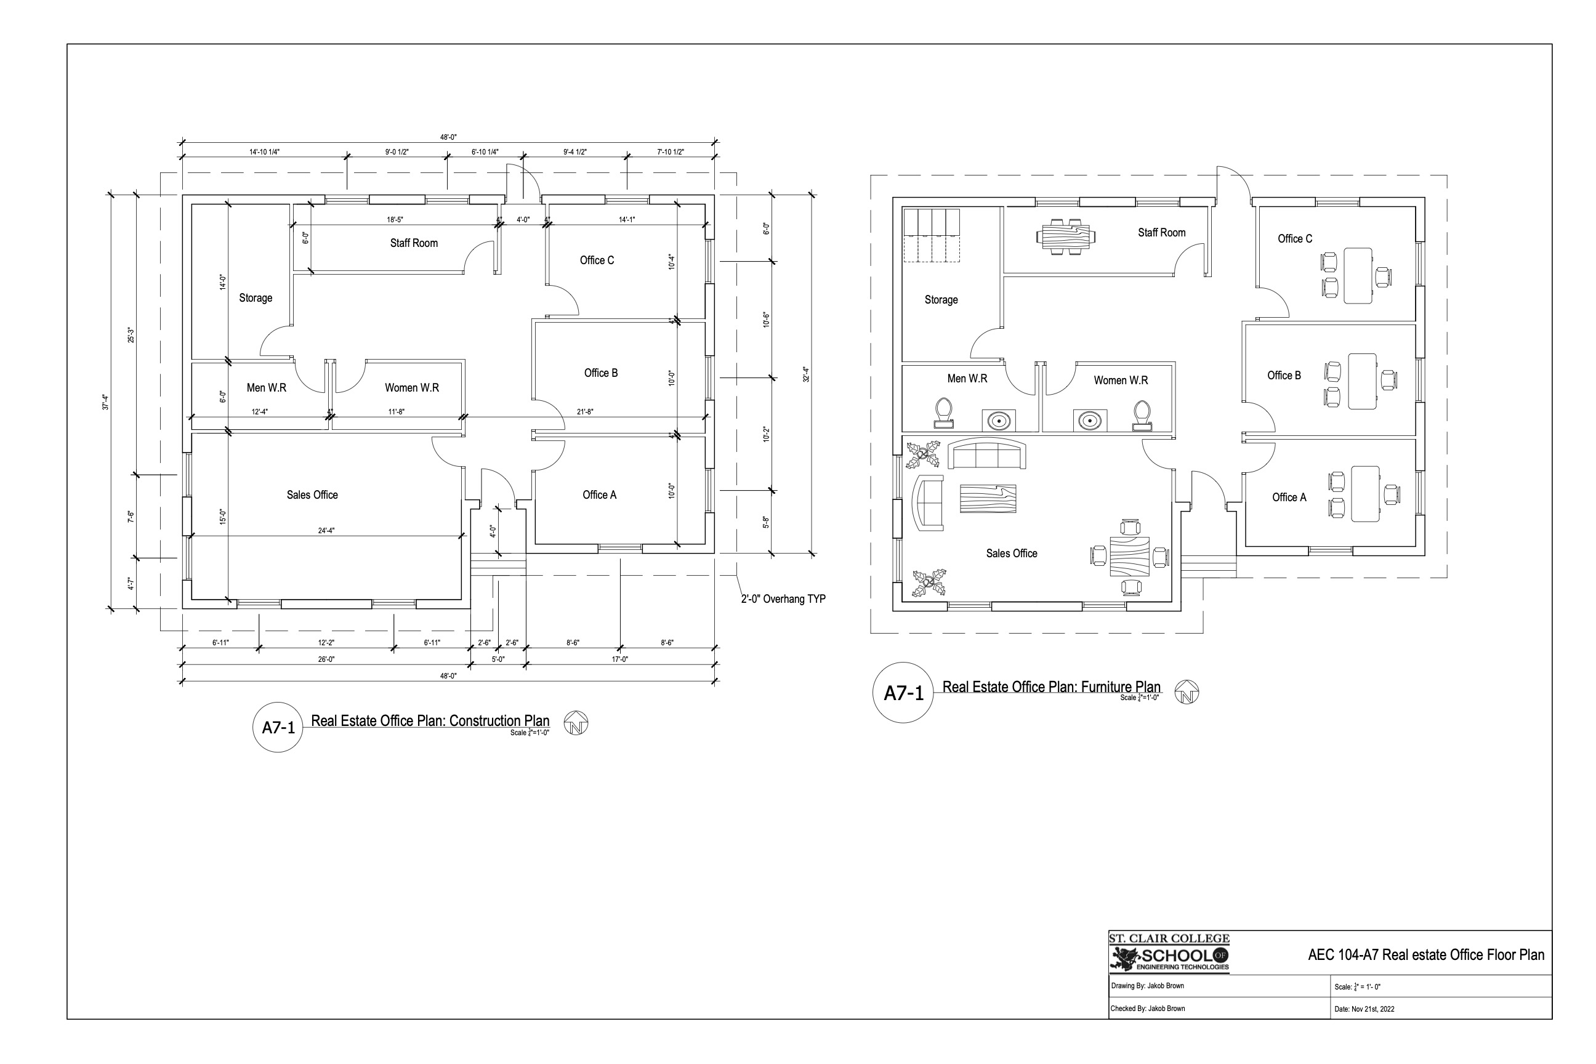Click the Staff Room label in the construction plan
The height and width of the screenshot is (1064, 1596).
pos(414,243)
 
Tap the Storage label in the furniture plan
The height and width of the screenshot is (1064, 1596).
pos(941,300)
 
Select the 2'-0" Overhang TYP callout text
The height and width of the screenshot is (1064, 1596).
pos(783,599)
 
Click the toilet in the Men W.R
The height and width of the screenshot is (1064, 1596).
pos(943,413)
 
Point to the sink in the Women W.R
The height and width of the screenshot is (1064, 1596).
pos(1090,420)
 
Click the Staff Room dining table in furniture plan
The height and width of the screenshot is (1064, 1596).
pos(1065,237)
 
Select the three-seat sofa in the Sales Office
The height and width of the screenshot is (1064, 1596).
pos(986,454)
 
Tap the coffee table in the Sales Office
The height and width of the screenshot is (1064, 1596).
pos(987,499)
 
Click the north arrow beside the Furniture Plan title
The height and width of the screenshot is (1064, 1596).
pos(1187,692)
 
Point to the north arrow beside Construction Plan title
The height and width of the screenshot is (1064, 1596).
pos(576,723)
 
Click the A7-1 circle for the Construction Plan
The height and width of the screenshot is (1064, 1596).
pos(278,727)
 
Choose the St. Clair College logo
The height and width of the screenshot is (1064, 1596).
pos(1169,953)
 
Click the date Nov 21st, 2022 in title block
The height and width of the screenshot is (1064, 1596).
pos(1364,1009)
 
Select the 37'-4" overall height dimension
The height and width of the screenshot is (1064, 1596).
pos(106,401)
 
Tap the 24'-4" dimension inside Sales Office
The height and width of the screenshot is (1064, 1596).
pos(326,531)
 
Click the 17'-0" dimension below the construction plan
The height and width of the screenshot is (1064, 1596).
pos(619,659)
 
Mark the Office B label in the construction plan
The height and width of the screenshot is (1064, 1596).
pos(601,373)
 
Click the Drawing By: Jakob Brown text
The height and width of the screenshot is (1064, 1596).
pos(1148,986)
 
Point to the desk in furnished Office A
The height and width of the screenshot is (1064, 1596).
pos(1365,493)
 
